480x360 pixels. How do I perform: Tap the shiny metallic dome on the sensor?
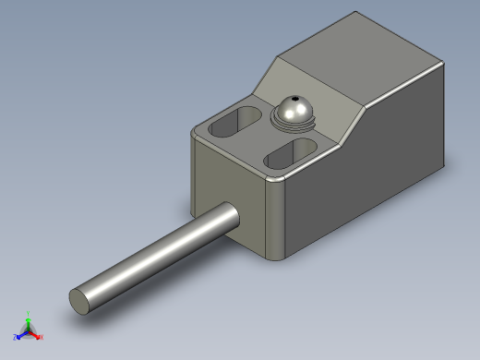click(x=294, y=109)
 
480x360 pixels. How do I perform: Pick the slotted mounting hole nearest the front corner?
click(x=290, y=153)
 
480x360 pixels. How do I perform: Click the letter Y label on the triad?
click(x=28, y=313)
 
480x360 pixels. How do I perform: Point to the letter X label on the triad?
click(x=42, y=337)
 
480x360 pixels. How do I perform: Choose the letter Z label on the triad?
click(x=15, y=337)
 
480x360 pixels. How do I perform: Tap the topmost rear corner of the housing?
click(x=356, y=14)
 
